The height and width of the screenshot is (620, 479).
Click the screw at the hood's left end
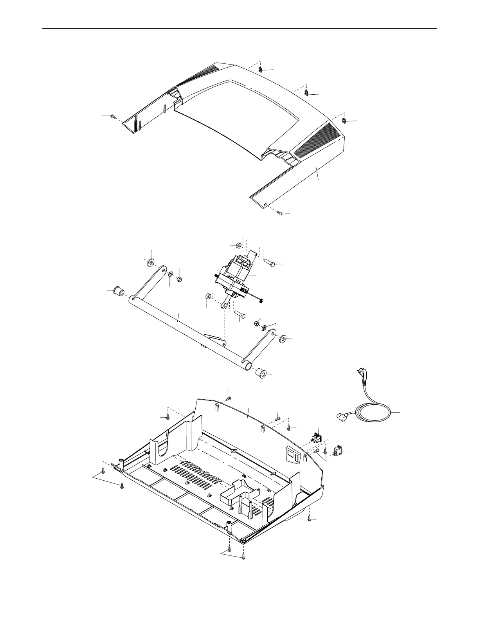pos(113,116)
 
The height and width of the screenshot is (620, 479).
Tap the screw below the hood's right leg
pos(279,213)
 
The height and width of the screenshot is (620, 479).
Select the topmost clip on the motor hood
pos(260,70)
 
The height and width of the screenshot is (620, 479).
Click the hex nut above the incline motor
pos(237,245)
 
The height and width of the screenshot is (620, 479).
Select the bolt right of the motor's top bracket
pos(272,264)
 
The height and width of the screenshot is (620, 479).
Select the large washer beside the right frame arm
pos(283,338)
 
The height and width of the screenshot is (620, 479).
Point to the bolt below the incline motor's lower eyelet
pos(239,314)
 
